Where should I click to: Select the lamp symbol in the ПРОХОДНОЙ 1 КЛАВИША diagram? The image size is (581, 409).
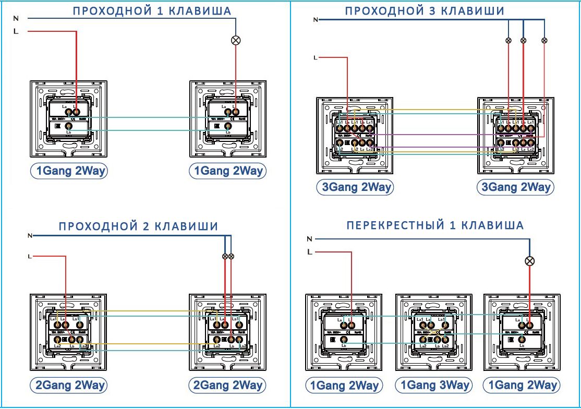235,40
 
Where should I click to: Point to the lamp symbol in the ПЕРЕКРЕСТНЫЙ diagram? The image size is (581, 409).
529,261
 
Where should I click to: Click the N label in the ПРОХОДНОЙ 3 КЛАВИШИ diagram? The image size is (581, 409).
315,19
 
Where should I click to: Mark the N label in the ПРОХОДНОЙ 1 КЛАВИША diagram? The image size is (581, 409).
16,18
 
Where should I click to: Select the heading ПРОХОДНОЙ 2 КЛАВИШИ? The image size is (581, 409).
138,226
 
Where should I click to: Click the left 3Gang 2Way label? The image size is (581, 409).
355,187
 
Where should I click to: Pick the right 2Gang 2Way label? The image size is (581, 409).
227,386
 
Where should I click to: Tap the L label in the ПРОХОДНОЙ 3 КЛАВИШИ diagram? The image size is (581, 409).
315,57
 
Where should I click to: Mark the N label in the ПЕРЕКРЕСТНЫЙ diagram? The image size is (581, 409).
310,239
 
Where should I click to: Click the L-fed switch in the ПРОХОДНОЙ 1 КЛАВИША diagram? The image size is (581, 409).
69,119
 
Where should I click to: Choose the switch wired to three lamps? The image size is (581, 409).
516,135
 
